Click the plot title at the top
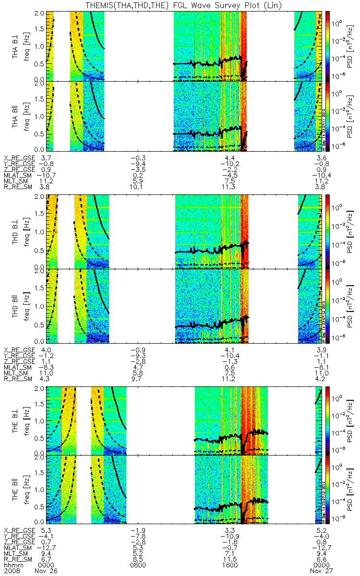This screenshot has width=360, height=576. (x=180, y=5)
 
